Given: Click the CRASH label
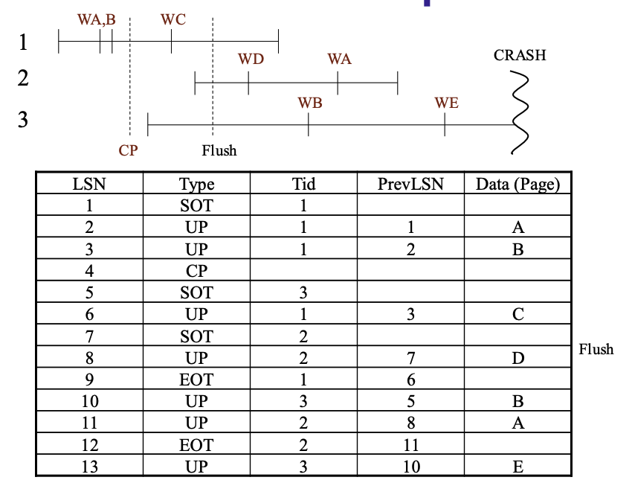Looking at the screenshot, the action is [520, 55].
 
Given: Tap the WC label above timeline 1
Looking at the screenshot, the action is [173, 19].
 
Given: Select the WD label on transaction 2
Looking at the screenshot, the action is [251, 59].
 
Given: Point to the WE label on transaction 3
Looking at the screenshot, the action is [447, 103].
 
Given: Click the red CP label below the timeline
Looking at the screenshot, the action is [128, 150].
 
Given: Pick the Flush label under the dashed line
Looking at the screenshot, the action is [219, 150].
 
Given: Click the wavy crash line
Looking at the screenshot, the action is [520, 112].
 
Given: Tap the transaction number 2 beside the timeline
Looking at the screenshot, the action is [23, 78].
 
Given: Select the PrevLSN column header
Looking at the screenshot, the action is [410, 184].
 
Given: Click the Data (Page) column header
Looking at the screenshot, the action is [518, 185].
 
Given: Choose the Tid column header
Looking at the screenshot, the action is [303, 184].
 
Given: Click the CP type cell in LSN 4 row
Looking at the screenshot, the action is [196, 271].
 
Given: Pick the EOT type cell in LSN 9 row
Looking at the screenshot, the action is [196, 380].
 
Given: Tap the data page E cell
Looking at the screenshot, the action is [518, 467].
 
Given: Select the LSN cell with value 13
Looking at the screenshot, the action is [89, 467].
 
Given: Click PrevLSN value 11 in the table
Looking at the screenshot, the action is [410, 445].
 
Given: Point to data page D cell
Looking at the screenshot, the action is [518, 358].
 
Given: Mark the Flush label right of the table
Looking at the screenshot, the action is [596, 349].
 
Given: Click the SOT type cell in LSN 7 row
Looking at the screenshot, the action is [196, 336].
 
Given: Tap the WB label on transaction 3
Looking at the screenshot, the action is [310, 103].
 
